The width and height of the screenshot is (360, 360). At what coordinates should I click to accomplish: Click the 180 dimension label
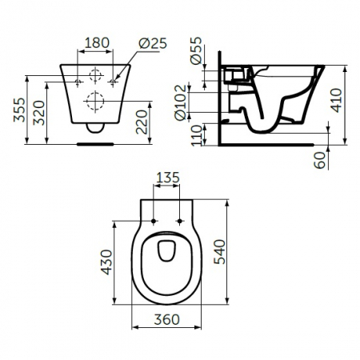point(97,43)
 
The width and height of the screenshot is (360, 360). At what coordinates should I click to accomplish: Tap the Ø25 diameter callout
point(153,43)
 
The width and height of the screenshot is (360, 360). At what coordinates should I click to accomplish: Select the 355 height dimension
point(19,110)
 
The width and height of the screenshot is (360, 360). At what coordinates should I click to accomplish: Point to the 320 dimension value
point(39,113)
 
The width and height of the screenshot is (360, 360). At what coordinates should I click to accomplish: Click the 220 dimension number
point(142,122)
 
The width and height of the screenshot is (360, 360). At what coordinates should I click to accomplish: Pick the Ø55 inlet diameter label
point(196,50)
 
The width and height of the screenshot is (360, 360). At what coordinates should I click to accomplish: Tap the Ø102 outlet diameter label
point(180,102)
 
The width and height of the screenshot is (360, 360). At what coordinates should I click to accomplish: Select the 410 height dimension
point(336,100)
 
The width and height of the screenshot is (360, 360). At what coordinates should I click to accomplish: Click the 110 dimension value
point(197,135)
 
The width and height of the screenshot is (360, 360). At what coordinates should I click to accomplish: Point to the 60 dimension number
point(320,160)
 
